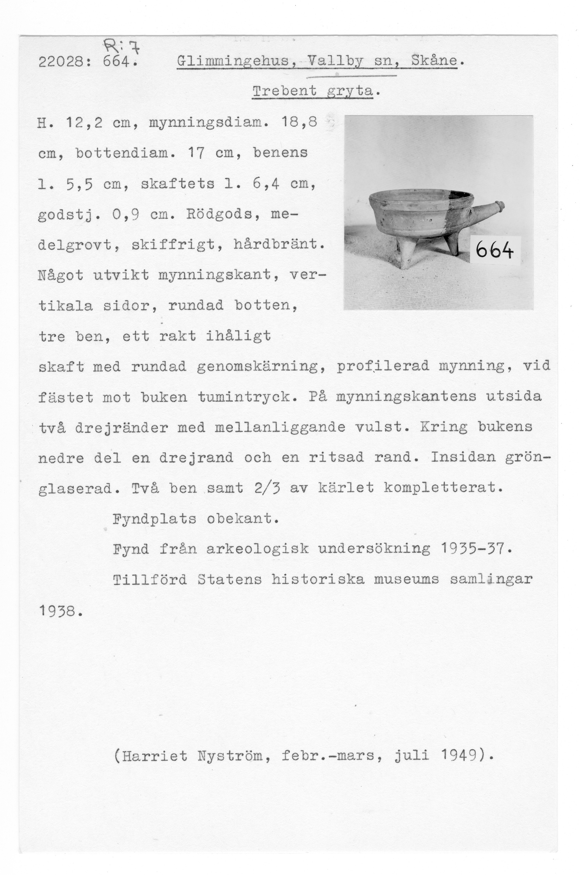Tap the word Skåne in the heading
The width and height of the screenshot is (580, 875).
[434, 60]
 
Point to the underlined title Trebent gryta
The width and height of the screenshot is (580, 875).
[313, 91]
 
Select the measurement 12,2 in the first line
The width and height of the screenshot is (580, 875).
[84, 122]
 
